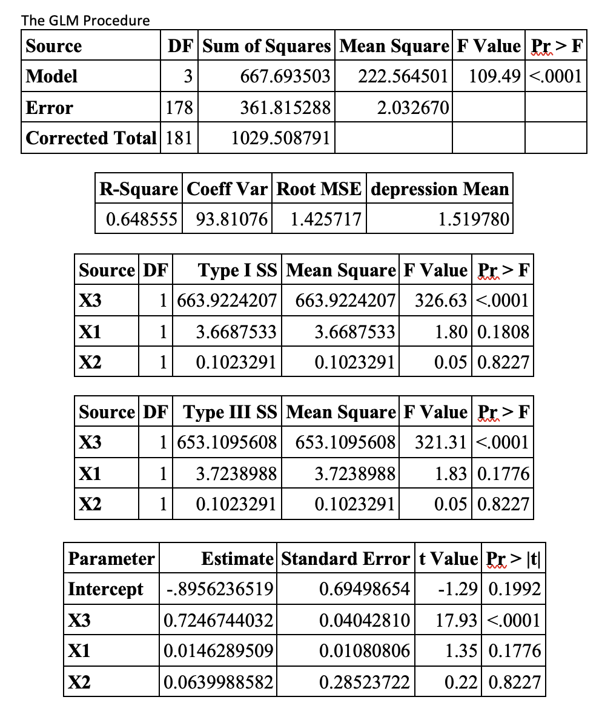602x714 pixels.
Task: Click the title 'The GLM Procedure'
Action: click(x=85, y=21)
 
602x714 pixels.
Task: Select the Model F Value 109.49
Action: click(x=494, y=76)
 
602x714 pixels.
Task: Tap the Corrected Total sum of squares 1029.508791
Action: click(x=281, y=139)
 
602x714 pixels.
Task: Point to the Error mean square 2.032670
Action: click(x=412, y=108)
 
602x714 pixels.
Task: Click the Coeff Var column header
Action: click(x=227, y=189)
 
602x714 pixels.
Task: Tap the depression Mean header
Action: click(x=439, y=189)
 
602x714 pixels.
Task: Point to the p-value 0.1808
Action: click(x=503, y=332)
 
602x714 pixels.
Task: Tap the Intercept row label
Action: click(x=105, y=589)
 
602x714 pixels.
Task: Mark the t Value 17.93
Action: click(x=456, y=620)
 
